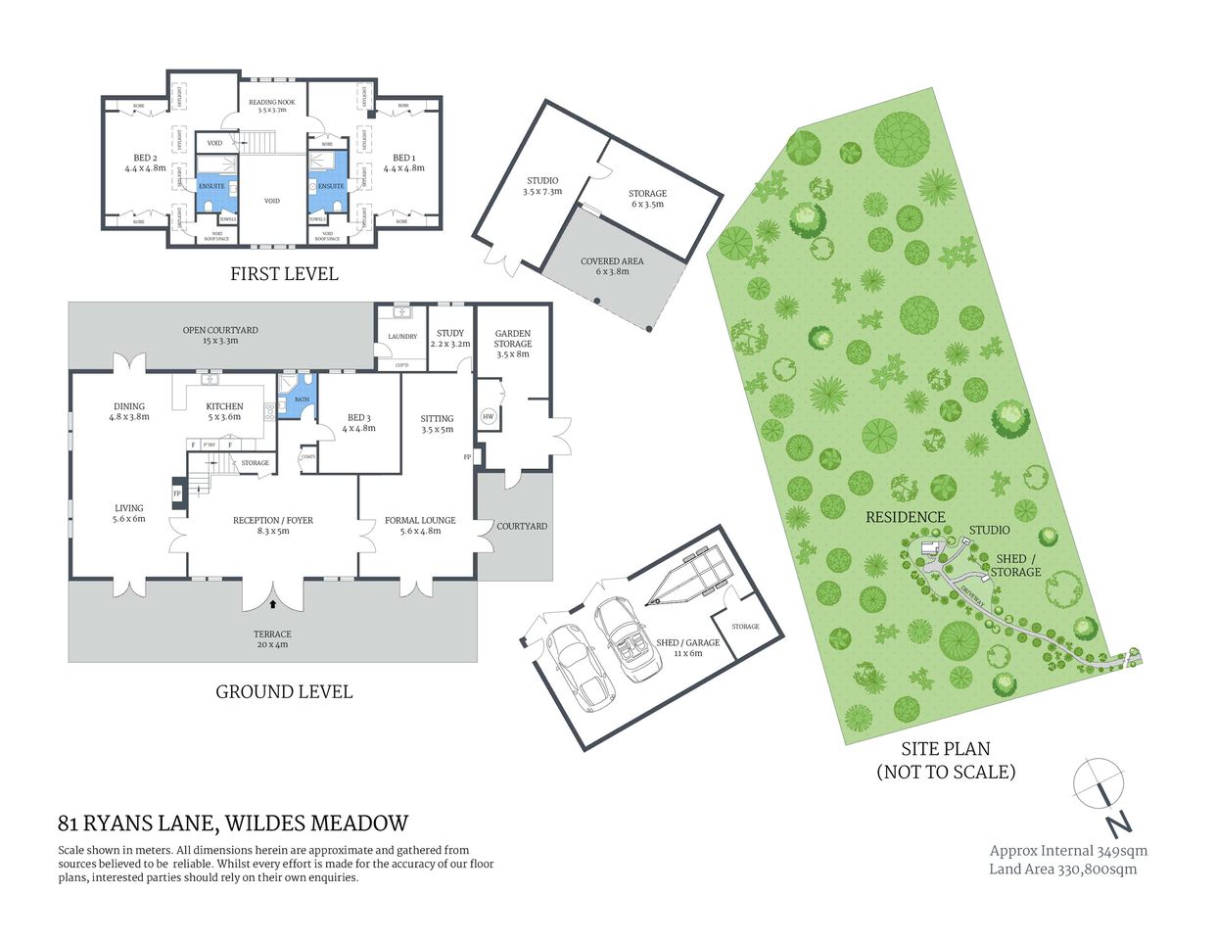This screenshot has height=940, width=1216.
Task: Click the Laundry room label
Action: [x=402, y=337]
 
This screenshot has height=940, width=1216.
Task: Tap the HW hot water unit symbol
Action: [x=488, y=417]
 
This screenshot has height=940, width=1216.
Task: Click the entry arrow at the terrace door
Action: [x=273, y=605]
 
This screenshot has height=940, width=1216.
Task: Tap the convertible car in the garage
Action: [x=627, y=641]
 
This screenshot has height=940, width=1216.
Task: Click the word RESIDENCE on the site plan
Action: [x=905, y=517]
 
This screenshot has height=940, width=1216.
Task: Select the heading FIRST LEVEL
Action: [x=284, y=274]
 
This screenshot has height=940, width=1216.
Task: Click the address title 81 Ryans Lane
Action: [x=233, y=823]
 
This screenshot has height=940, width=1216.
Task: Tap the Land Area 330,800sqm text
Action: [x=1062, y=869]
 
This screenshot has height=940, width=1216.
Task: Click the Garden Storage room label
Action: [x=512, y=339]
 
